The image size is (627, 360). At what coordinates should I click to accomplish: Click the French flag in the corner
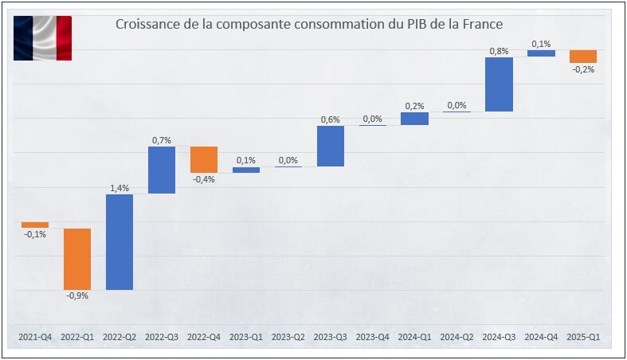tap(42, 38)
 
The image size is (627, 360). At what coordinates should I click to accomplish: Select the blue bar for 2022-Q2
tap(120, 241)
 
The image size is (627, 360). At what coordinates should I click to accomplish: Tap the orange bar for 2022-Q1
tap(77, 259)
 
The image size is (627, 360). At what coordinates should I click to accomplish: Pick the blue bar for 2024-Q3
tap(499, 84)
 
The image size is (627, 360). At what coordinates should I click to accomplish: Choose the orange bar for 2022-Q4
tap(203, 159)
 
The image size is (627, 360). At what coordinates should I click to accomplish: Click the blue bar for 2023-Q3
tap(330, 146)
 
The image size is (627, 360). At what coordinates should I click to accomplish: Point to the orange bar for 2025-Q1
tap(583, 56)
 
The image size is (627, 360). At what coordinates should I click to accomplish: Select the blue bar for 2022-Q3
tap(162, 170)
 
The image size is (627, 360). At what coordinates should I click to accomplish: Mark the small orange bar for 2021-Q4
tap(35, 225)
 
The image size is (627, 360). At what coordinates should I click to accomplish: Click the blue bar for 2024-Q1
tap(414, 119)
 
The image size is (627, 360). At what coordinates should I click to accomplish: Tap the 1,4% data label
tap(120, 187)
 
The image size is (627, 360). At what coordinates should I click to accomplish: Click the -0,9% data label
tap(77, 295)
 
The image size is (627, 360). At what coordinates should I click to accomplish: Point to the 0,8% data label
tap(499, 50)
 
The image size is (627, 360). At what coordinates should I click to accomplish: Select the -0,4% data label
tap(203, 179)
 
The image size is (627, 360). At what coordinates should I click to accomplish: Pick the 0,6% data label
tap(330, 119)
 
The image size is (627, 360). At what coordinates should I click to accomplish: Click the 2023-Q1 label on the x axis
tap(245, 337)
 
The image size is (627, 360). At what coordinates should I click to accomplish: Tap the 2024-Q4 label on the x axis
tap(541, 337)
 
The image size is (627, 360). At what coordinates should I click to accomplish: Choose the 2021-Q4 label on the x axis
tap(35, 337)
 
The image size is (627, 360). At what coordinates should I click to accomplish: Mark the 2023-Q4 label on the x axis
tap(372, 337)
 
